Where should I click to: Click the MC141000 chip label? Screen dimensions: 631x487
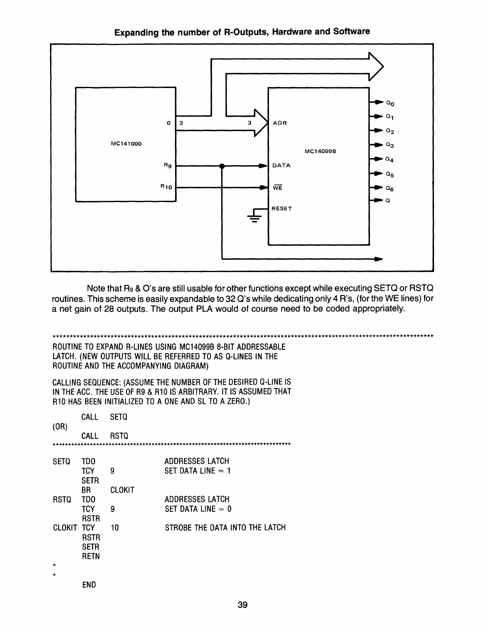[126, 144]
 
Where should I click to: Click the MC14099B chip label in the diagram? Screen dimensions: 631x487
[321, 151]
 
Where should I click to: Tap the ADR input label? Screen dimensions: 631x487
[280, 123]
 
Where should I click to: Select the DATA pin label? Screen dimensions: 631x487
[281, 165]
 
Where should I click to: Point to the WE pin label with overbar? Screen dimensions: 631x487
[277, 188]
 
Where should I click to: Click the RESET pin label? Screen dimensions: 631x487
[282, 208]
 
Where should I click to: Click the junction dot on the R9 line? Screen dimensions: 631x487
[222, 166]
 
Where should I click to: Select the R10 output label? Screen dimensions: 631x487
[166, 186]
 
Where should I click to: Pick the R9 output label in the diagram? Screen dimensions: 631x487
[168, 165]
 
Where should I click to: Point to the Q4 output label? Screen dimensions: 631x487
[390, 160]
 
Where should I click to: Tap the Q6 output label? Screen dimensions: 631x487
[390, 188]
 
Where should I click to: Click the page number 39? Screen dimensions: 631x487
[243, 605]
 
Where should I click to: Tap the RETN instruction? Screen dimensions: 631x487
[91, 557]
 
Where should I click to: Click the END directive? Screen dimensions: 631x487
[89, 585]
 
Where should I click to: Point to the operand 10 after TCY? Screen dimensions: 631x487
[115, 528]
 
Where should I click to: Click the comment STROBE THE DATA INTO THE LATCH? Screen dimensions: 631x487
[225, 528]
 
